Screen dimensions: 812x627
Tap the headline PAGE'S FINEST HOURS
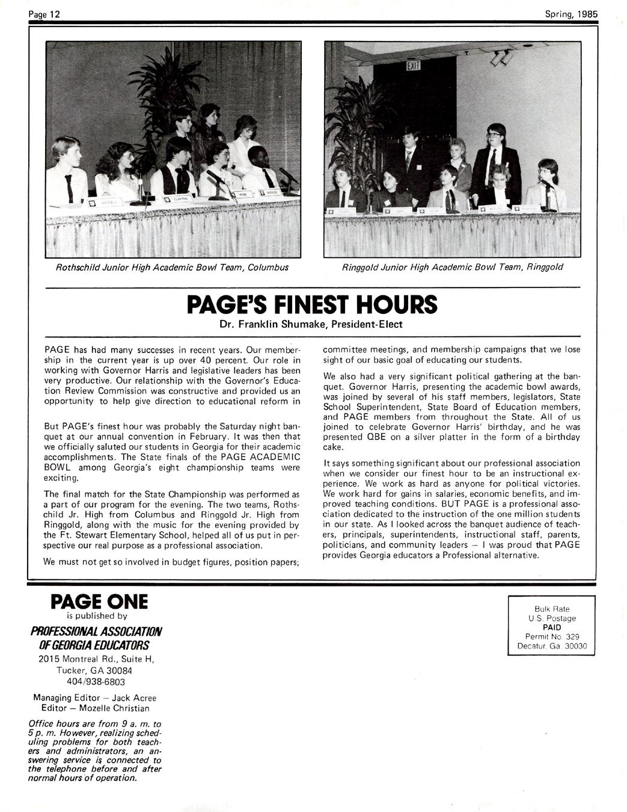(312, 305)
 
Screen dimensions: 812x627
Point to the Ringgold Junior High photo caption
(452, 267)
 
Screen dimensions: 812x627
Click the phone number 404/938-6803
(95, 681)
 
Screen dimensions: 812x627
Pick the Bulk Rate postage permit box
(551, 627)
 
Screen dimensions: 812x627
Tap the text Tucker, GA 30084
(95, 670)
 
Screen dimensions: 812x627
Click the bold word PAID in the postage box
(551, 627)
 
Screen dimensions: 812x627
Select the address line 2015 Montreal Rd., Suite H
(95, 659)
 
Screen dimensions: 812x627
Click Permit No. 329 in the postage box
(551, 637)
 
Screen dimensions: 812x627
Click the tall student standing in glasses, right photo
(497, 156)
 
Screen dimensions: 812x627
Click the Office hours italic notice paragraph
(95, 751)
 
